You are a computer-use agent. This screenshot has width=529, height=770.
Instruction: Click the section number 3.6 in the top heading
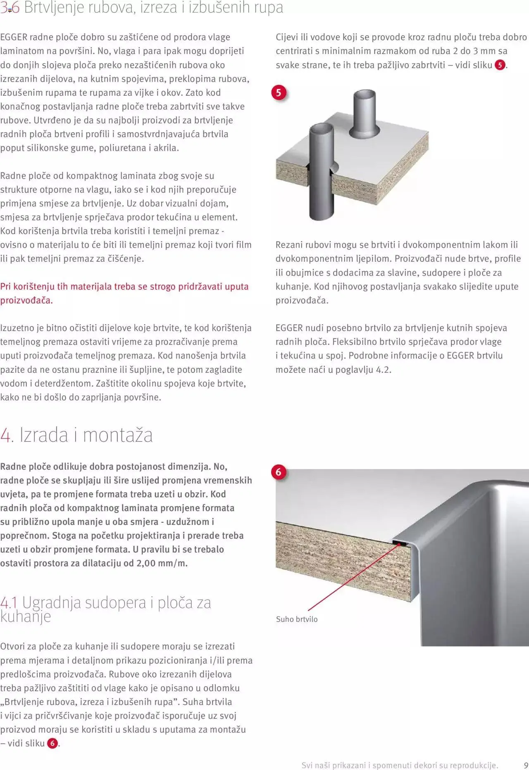click(10, 8)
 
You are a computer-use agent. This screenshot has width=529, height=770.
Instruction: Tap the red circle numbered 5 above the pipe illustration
click(279, 92)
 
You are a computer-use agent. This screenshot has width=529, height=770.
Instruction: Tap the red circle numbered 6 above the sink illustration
click(279, 472)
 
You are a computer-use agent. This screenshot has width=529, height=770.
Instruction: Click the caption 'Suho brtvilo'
click(297, 619)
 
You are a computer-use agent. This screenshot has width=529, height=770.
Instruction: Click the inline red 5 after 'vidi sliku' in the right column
click(500, 65)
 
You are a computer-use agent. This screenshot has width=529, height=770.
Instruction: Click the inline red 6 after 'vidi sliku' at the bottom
click(52, 743)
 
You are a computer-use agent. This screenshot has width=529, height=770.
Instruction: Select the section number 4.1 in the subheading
click(9, 603)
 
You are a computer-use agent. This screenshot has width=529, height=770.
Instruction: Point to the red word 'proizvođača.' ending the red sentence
click(26, 301)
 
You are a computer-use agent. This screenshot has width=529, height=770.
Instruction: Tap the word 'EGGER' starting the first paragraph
click(14, 37)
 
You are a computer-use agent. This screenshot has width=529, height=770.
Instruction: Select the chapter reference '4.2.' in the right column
click(383, 370)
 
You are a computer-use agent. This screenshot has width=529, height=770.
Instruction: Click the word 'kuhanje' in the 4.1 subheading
click(26, 616)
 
